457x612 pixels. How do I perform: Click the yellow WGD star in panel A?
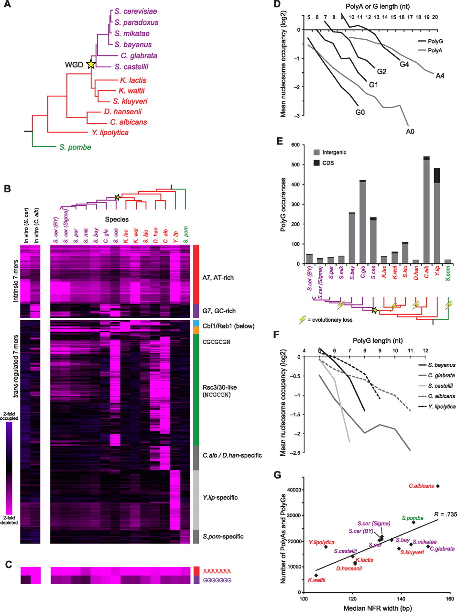point(90,65)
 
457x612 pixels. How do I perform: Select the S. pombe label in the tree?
point(75,147)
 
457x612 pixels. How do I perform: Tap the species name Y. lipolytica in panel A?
point(110,132)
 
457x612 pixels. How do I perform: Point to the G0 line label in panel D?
point(360,112)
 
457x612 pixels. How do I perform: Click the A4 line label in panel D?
point(440,76)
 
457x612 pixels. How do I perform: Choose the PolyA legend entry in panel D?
point(435,50)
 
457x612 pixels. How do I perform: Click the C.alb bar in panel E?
point(426,210)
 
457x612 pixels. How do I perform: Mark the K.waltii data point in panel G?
point(316,575)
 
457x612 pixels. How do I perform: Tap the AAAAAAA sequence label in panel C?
point(217,571)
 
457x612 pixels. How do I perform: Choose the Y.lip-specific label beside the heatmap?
point(220,497)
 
